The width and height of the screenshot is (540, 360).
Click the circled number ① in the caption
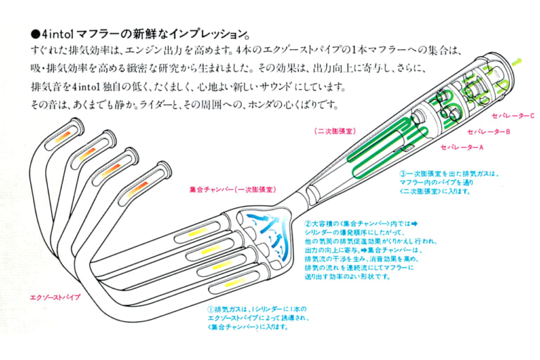click(x=210, y=309)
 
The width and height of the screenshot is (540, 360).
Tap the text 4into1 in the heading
click(x=56, y=34)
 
